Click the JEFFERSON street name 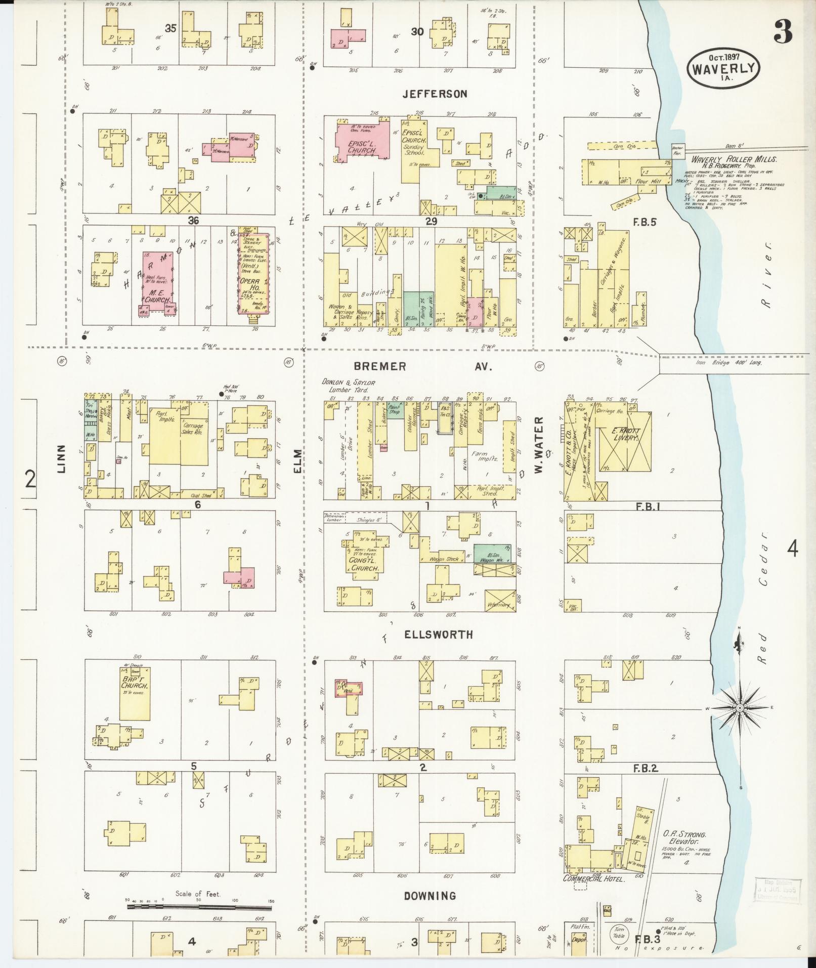(x=435, y=94)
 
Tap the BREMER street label (x=379, y=366)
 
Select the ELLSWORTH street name (x=438, y=635)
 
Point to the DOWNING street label (x=430, y=896)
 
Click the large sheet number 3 (x=782, y=33)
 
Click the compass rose (x=740, y=707)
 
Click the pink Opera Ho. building (x=254, y=274)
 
